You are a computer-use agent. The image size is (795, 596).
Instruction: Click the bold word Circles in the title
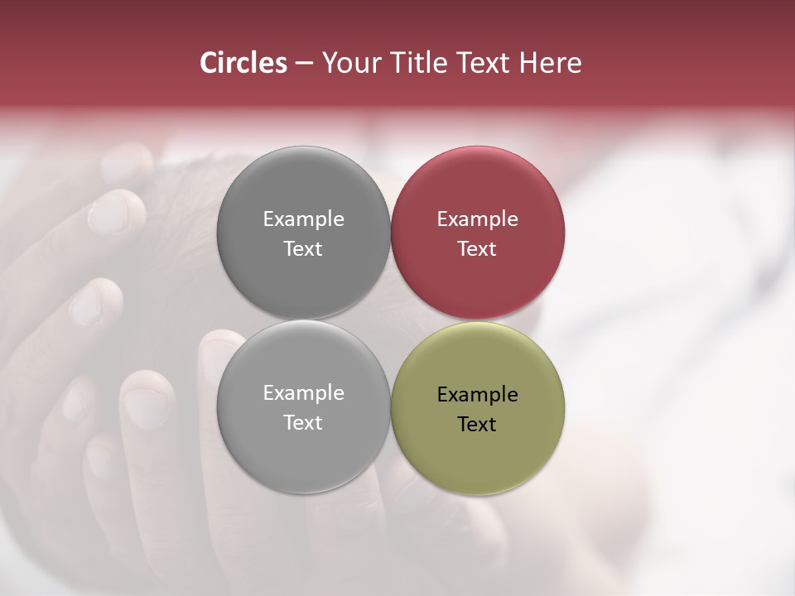pos(243,63)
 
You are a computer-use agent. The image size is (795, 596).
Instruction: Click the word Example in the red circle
pos(477,219)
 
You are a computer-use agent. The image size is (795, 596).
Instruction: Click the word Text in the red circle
pos(477,248)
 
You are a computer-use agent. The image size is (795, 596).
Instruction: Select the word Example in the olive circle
pos(477,395)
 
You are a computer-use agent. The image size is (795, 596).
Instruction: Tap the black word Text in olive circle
pos(477,424)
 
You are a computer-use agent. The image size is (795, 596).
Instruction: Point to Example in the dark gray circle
pos(303,219)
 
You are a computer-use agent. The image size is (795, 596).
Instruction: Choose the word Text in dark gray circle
pos(303,248)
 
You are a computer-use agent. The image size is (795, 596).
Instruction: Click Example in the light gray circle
pos(303,393)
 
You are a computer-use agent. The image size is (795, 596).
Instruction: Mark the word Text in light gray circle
pos(303,422)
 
